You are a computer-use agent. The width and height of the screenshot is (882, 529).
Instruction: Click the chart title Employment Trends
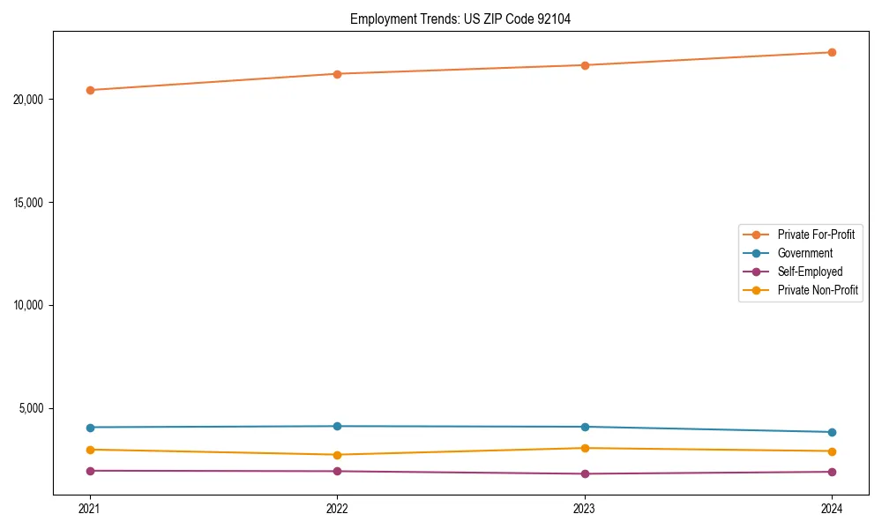coord(460,19)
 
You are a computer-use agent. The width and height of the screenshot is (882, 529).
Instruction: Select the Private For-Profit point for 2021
coord(90,90)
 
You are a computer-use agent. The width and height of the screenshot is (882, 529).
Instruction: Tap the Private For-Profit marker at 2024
coord(832,52)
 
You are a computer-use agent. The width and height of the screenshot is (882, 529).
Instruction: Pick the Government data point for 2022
coord(337,427)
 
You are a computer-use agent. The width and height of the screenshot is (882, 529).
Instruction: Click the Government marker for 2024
coord(832,432)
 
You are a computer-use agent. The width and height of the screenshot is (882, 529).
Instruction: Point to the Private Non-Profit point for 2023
coord(585,448)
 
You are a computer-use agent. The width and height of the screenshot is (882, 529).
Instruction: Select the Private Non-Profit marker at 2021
coord(90,450)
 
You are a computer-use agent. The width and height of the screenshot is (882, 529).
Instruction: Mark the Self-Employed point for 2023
coord(585,473)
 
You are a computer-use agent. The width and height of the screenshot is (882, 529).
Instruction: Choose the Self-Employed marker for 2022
coord(337,471)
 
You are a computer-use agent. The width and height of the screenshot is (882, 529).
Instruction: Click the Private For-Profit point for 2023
coord(585,65)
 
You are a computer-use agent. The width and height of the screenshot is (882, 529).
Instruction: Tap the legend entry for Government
coord(804,253)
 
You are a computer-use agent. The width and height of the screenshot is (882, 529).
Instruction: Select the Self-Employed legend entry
coord(810,272)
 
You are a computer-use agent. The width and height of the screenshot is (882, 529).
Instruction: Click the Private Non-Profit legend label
coord(818,290)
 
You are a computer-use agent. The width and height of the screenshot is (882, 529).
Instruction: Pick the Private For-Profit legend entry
coord(816,235)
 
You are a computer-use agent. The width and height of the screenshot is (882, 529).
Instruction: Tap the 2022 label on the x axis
coord(337,509)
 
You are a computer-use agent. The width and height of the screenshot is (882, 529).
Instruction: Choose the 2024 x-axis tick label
coord(832,509)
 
